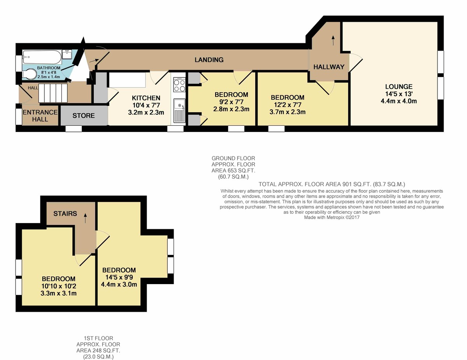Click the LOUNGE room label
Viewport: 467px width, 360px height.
coord(399,86)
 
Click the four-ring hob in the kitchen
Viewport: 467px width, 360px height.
coord(179,85)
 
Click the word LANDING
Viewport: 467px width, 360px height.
coord(209,60)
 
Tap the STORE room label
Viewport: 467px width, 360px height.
coord(83,116)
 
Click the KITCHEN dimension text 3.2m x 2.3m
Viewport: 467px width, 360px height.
coord(146,112)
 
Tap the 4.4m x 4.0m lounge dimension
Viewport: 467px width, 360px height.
coord(399,101)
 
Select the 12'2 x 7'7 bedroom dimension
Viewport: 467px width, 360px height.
coord(288,105)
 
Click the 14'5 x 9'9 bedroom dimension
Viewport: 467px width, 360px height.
coord(119,277)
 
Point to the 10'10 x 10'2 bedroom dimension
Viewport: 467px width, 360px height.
coord(58,286)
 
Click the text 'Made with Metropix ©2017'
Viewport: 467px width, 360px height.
coord(332,218)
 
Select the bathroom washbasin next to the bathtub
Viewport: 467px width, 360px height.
coord(67,54)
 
